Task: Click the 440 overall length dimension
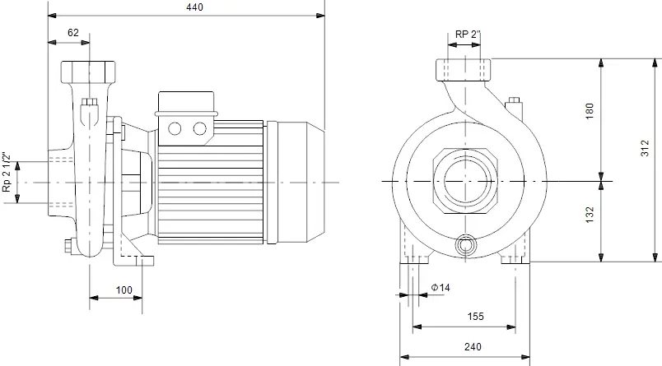coord(194,7)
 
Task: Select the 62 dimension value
coord(73,32)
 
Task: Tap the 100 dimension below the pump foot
coord(124,290)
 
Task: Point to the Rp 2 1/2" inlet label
coord(7,173)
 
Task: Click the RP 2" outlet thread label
coord(468,35)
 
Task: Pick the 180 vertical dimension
coord(590,110)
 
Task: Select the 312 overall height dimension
coord(645,148)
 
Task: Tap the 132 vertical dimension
coord(590,214)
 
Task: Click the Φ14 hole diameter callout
coord(441,288)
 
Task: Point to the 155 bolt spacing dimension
coord(475,317)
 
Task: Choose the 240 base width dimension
coord(473,346)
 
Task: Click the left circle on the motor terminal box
coord(175,128)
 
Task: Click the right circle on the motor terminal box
coord(200,128)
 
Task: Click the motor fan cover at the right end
coord(301,182)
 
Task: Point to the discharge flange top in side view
coord(88,72)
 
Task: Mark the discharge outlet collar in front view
coord(464,70)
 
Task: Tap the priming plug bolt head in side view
coord(89,102)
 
